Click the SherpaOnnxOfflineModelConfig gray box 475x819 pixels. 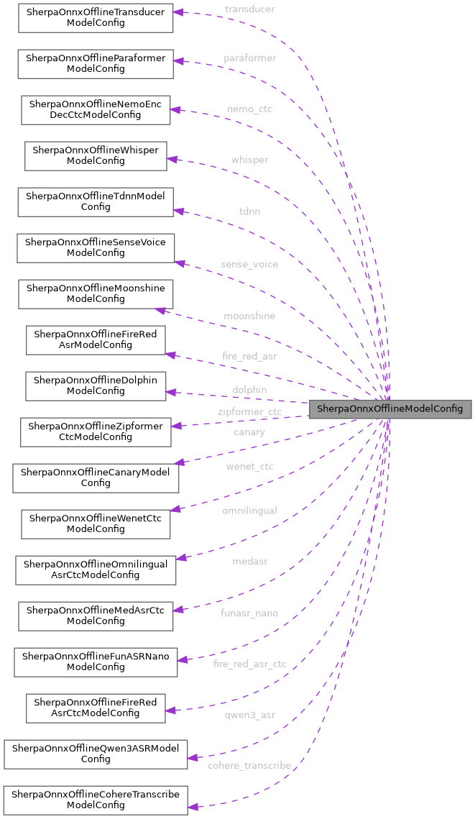tap(390, 408)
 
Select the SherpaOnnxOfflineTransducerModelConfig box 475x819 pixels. tap(96, 17)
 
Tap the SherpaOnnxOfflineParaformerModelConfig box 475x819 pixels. tap(96, 63)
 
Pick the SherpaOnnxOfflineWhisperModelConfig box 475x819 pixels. tap(96, 155)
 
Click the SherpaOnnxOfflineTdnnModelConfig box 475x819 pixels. tap(96, 201)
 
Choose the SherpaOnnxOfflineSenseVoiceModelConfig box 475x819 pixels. tap(96, 247)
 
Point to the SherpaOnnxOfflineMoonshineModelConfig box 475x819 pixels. tap(96, 293)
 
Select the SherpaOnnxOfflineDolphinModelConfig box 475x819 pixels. tap(96, 385)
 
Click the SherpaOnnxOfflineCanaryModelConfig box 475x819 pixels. tap(96, 477)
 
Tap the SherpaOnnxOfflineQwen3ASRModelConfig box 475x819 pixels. tap(96, 754)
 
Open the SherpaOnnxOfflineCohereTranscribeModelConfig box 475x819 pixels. tap(96, 800)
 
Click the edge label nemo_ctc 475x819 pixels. tap(249, 109)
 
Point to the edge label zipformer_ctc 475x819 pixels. tap(249, 412)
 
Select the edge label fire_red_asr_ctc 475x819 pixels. tap(249, 664)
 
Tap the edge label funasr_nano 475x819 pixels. tap(249, 613)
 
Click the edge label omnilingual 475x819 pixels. tap(249, 511)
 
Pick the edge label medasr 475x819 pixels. tap(249, 562)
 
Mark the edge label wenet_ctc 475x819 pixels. tap(249, 467)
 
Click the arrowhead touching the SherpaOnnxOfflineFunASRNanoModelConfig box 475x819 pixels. tap(183, 659)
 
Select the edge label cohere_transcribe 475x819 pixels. tap(249, 766)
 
